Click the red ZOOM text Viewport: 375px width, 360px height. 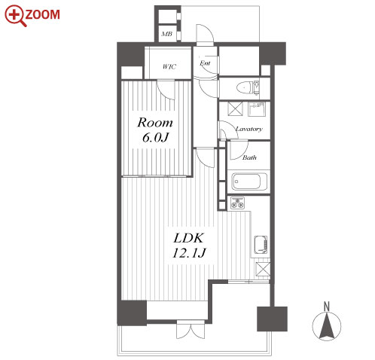tap(42, 14)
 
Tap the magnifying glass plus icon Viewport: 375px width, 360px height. tap(15, 16)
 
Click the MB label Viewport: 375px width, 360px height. tap(166, 34)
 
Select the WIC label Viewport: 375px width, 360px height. tap(169, 66)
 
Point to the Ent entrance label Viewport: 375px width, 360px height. tap(205, 63)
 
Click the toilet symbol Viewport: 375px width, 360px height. tap(248, 87)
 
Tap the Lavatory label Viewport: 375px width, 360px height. tap(248, 129)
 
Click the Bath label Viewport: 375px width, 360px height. tap(249, 157)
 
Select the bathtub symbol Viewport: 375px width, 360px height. tap(249, 182)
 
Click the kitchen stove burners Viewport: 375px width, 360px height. tap(237, 203)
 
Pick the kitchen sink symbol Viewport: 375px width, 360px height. tap(261, 245)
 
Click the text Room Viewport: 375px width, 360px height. tap(155, 123)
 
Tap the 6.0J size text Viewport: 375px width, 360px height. tap(155, 137)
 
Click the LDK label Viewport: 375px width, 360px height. tap(188, 238)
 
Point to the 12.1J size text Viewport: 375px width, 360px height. tap(189, 253)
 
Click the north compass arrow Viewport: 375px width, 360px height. tap(327, 326)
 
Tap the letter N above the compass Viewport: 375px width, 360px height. tap(327, 307)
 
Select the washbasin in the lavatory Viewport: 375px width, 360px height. tap(256, 109)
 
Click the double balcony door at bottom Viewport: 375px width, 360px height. tap(191, 329)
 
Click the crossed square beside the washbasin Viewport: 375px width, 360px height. tap(236, 108)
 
